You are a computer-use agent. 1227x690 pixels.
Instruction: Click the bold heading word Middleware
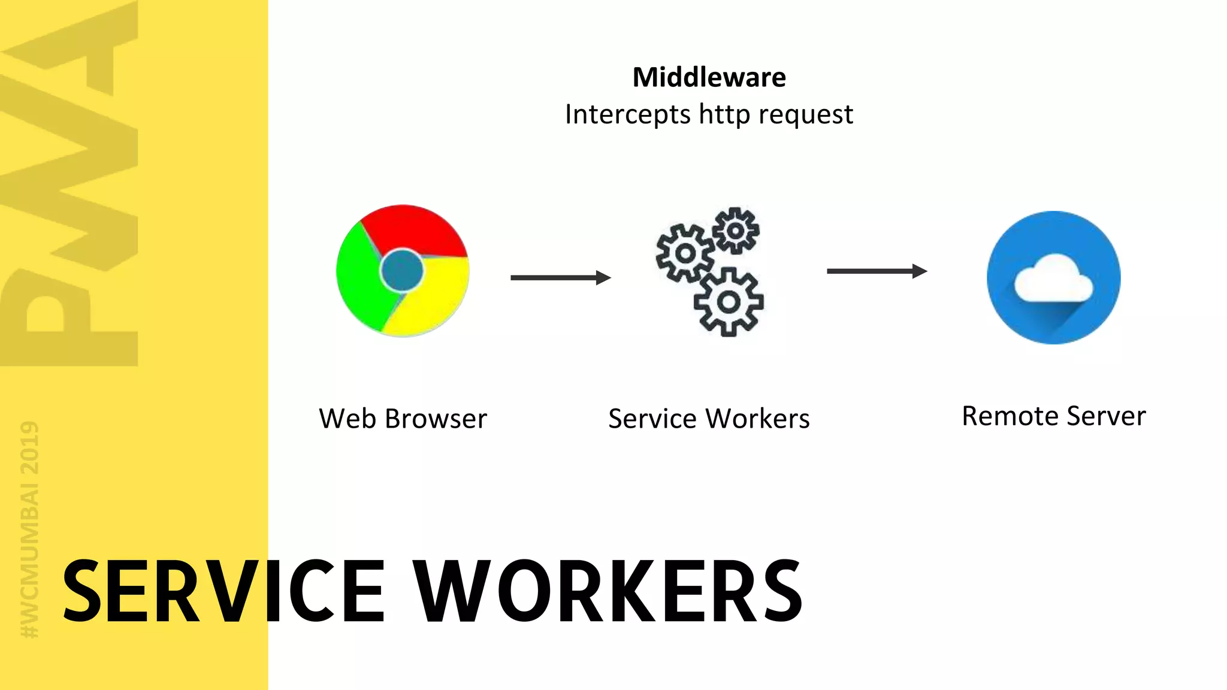click(709, 77)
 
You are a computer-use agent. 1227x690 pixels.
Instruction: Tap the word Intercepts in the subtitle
click(627, 114)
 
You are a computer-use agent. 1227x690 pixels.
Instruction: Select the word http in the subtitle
click(724, 114)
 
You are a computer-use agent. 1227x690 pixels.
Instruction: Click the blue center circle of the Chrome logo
click(401, 270)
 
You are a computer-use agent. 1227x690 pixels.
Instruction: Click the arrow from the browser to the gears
click(560, 277)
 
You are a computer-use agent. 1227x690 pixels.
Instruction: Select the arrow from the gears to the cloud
click(877, 271)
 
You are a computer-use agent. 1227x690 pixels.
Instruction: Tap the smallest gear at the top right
click(736, 231)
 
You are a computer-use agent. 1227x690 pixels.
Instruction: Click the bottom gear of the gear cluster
click(729, 302)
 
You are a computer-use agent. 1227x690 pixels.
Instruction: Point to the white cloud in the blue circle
click(1053, 278)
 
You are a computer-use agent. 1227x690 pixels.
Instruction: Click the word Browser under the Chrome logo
click(436, 419)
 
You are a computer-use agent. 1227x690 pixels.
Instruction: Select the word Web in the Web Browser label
click(347, 419)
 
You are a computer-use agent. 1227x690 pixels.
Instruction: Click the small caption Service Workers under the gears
click(709, 419)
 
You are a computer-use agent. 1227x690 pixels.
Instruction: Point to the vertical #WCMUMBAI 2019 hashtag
click(29, 529)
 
